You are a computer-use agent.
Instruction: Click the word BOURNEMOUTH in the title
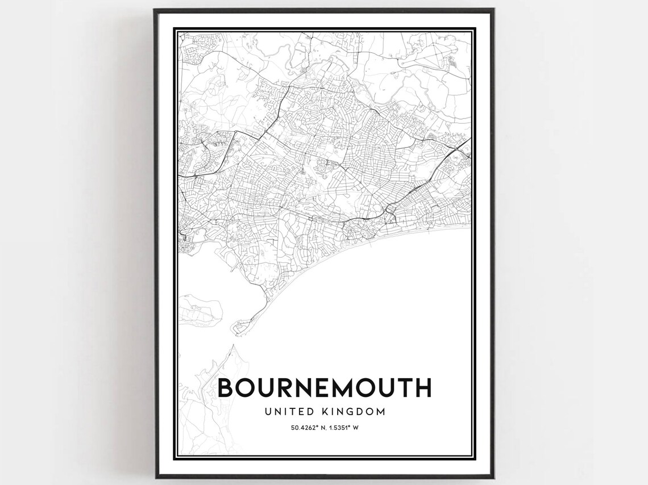pyautogui.click(x=325, y=388)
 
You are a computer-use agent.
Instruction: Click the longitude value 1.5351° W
pyautogui.click(x=343, y=427)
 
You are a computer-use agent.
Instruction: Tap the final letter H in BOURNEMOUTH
pyautogui.click(x=423, y=388)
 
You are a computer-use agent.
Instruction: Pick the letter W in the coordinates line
pyautogui.click(x=356, y=427)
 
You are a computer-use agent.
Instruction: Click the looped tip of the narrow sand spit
pyautogui.click(x=238, y=328)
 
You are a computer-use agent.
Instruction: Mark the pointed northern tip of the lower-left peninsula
pyautogui.click(x=231, y=346)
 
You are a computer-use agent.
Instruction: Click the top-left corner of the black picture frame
pyautogui.click(x=155, y=10)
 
